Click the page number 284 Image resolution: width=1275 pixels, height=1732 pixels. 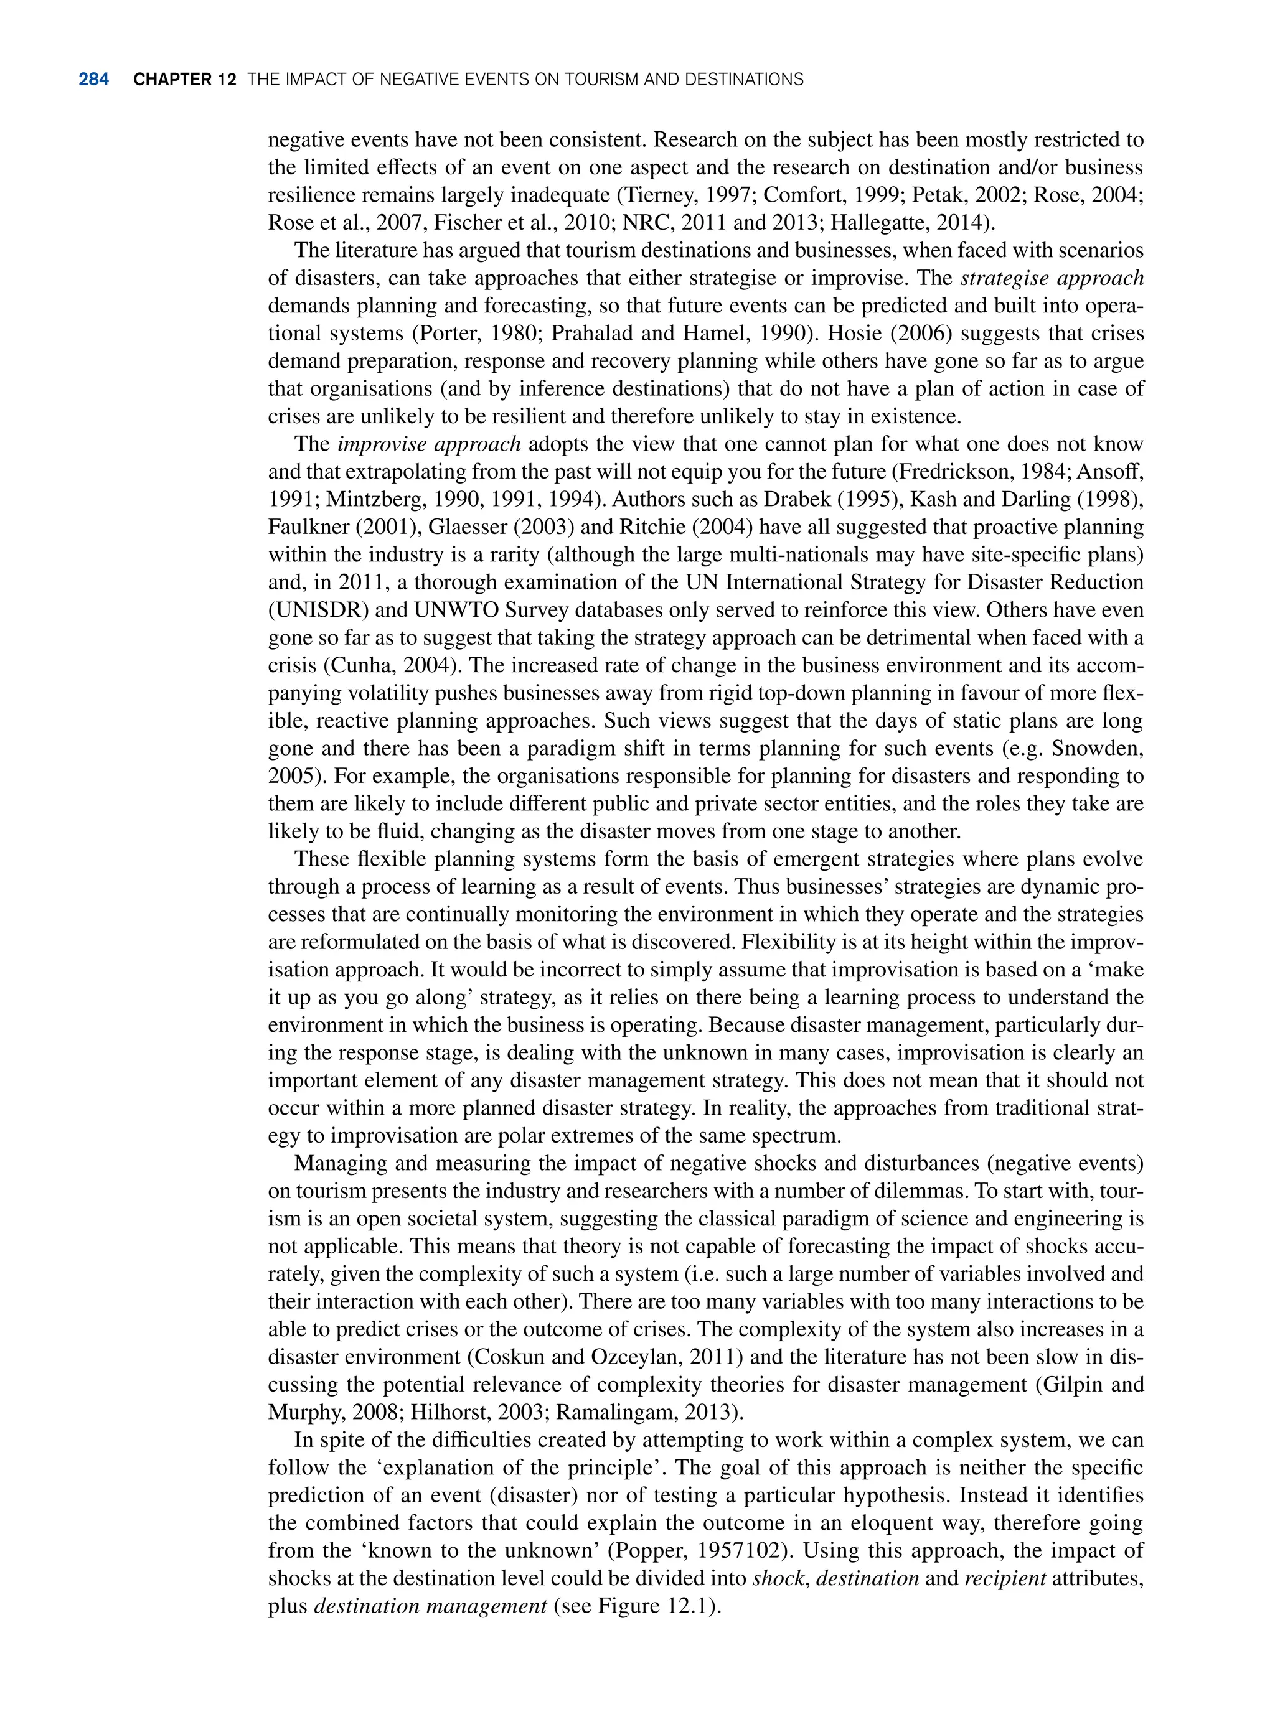93,80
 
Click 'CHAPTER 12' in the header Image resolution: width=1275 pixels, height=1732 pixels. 184,80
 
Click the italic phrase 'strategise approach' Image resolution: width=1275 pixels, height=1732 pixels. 1051,279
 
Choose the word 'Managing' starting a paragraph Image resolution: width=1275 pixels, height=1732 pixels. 339,1163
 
